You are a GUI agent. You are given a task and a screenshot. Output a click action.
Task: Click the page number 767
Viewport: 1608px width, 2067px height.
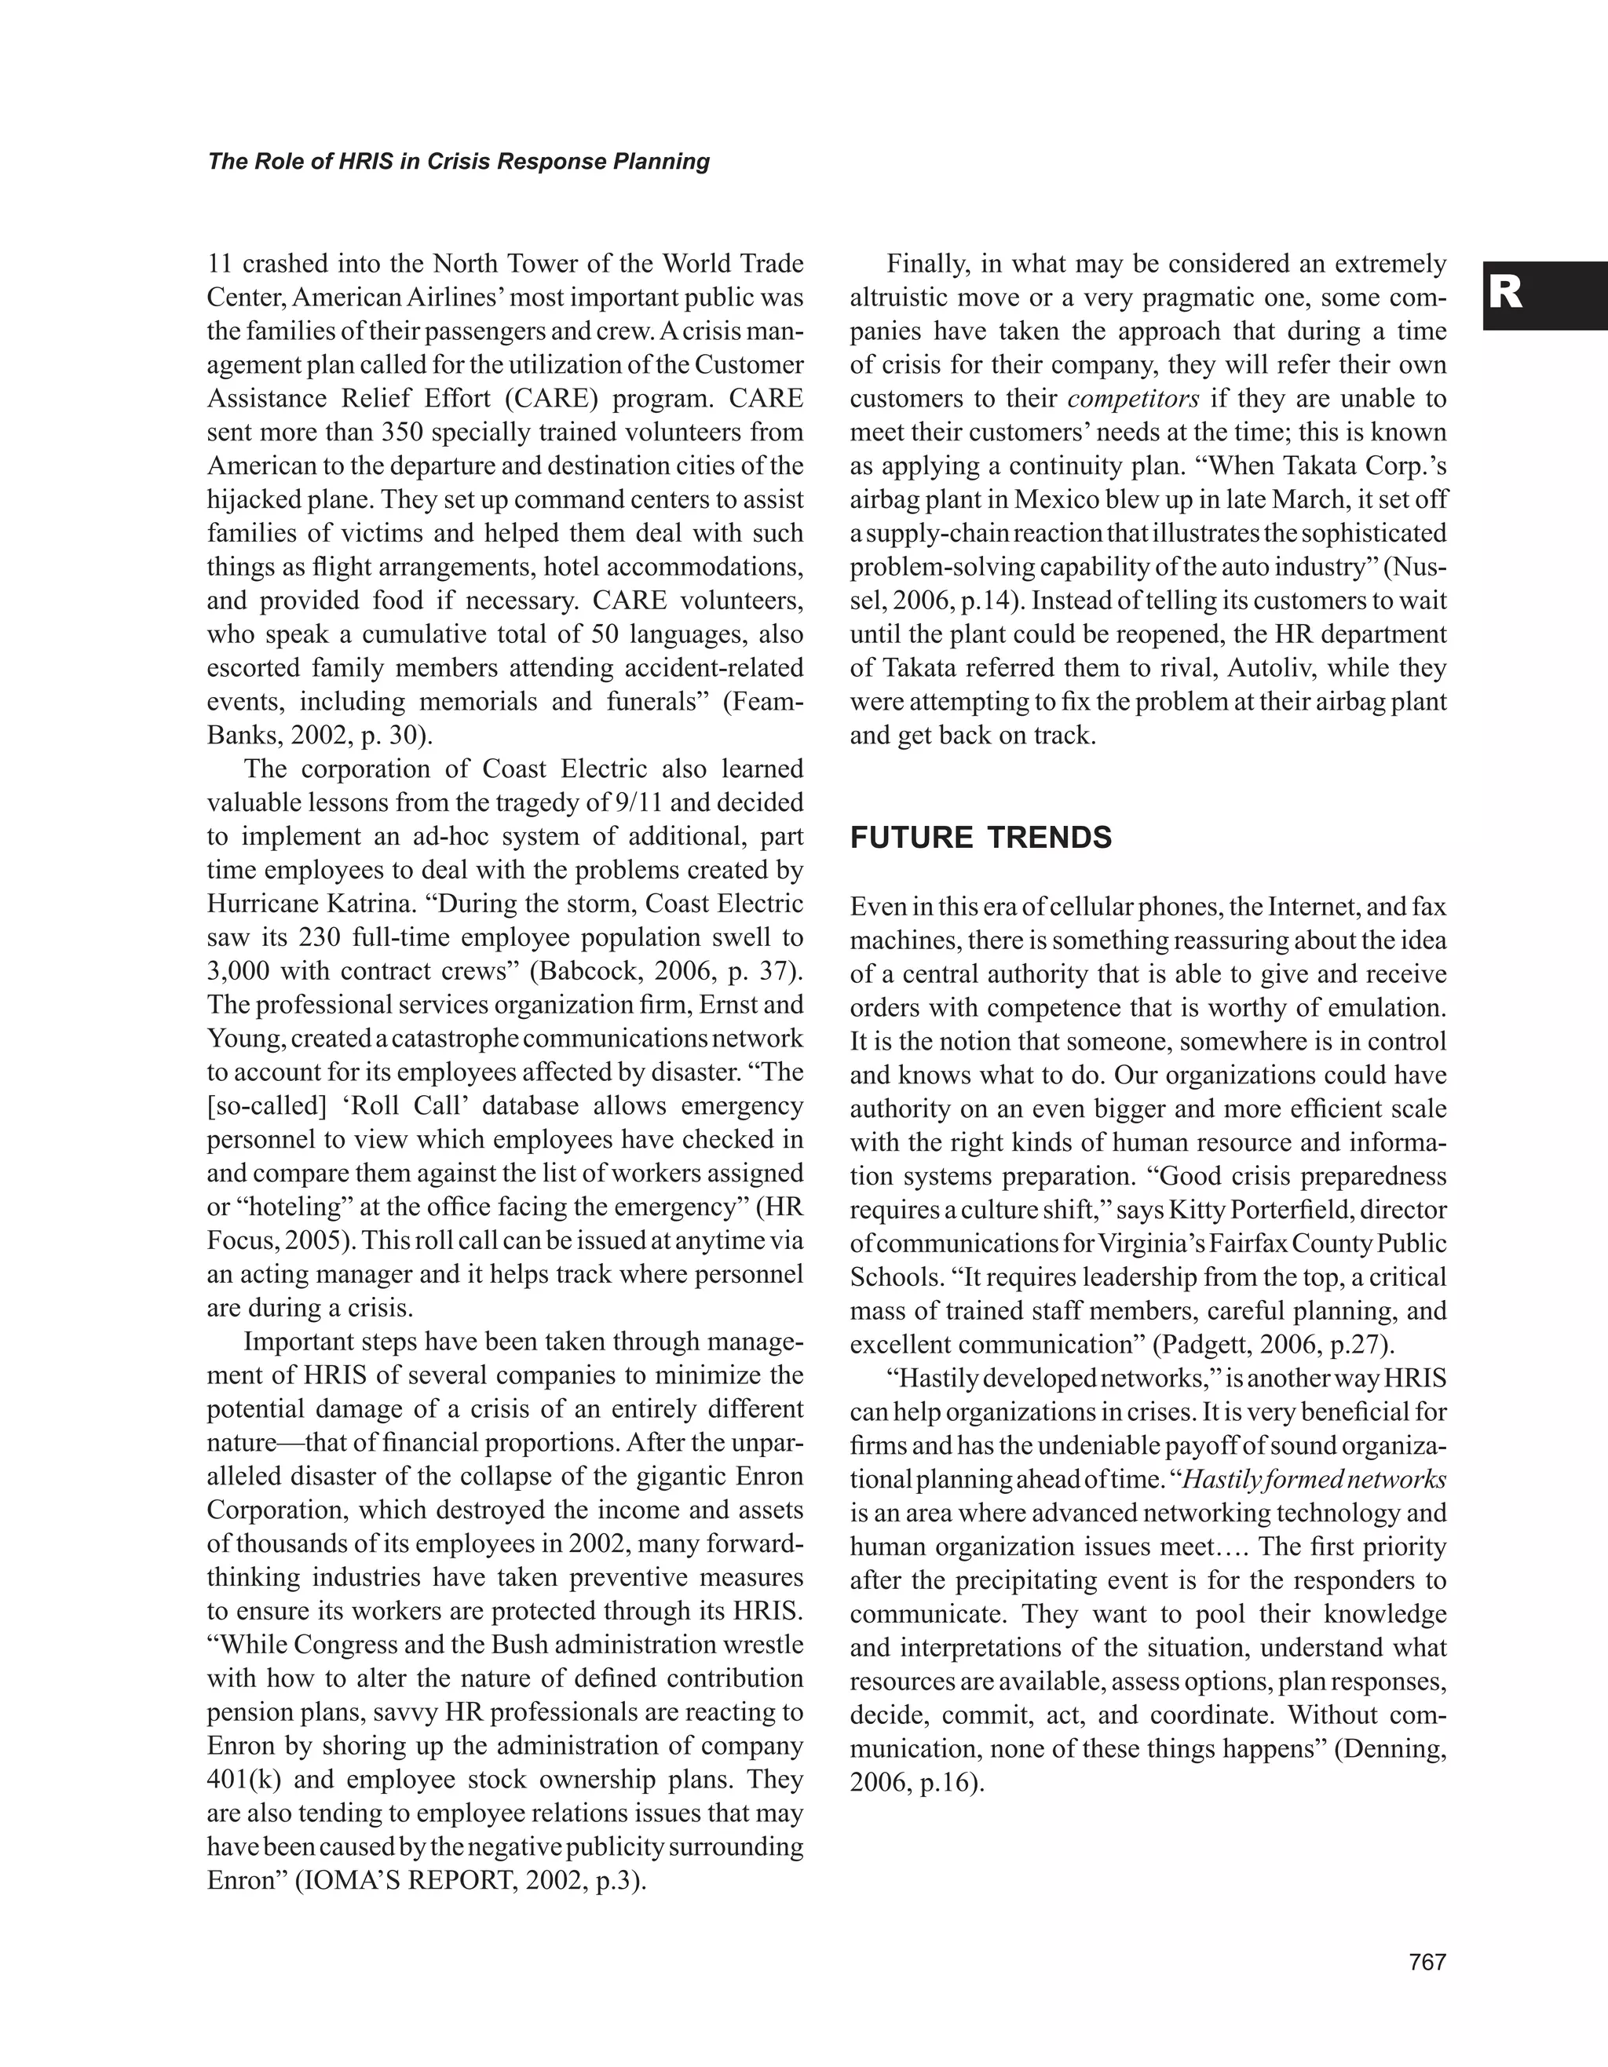[1427, 1963]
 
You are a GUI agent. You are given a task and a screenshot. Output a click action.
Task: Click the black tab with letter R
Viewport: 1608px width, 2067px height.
[1544, 296]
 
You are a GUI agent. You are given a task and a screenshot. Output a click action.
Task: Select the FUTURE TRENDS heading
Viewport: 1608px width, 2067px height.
[981, 838]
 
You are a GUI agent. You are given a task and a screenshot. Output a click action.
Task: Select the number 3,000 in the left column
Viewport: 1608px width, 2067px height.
[236, 971]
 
